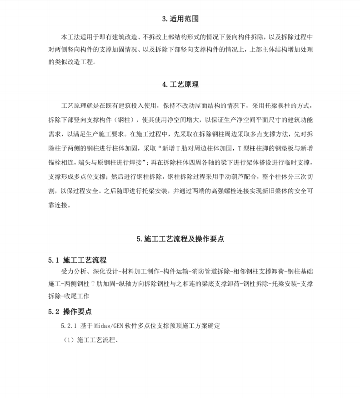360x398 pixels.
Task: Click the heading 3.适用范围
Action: [x=180, y=19]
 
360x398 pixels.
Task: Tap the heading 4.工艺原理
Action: [x=180, y=85]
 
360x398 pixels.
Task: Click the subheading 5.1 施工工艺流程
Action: [x=78, y=260]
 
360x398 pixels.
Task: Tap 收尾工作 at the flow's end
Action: [x=77, y=296]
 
